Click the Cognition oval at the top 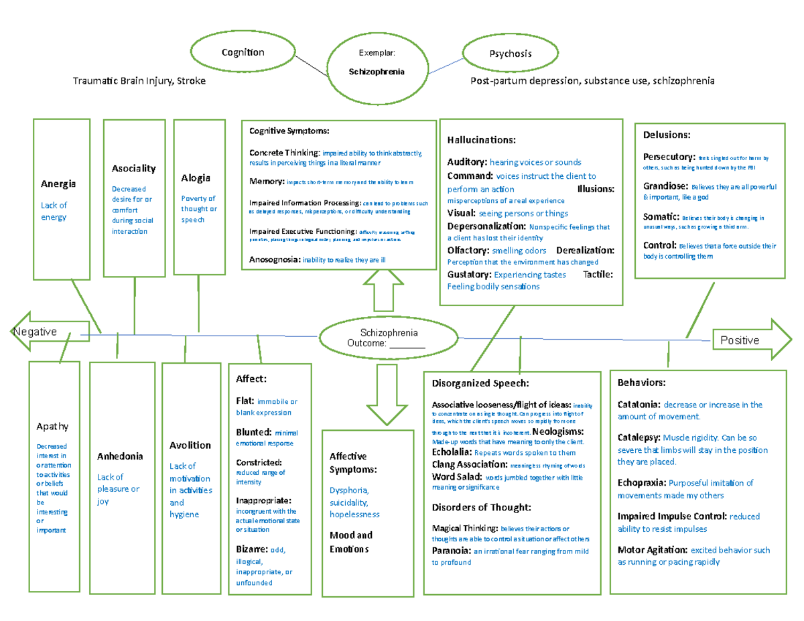click(243, 53)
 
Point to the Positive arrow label click(739, 340)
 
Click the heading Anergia click(58, 184)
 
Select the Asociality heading click(134, 168)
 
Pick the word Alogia click(196, 178)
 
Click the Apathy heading click(53, 426)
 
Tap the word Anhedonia click(120, 456)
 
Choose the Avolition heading click(190, 445)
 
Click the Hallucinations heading click(481, 140)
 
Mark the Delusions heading click(667, 135)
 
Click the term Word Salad click(456, 477)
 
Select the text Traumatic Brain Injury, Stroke click(139, 81)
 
